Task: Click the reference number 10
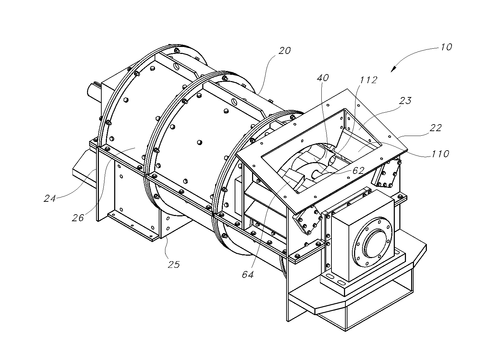[446, 47]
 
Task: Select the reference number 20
[284, 51]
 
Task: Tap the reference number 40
[323, 78]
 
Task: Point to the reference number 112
[368, 80]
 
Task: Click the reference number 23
[405, 101]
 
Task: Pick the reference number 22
[435, 128]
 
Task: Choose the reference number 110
[440, 153]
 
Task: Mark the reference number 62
[359, 170]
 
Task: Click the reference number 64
[248, 275]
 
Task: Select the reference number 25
[173, 264]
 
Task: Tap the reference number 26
[78, 218]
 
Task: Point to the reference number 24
[50, 199]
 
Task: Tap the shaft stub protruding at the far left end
[93, 90]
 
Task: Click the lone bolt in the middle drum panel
[199, 142]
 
